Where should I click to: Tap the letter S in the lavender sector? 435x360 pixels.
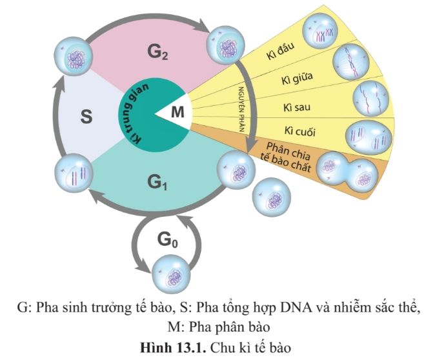click(x=86, y=117)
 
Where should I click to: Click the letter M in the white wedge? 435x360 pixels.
click(x=177, y=113)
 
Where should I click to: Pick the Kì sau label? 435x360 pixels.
click(x=299, y=105)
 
